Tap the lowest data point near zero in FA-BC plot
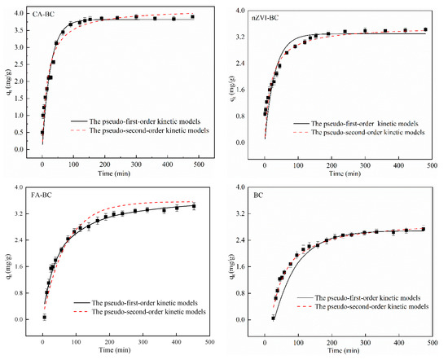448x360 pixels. pyautogui.click(x=44, y=317)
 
